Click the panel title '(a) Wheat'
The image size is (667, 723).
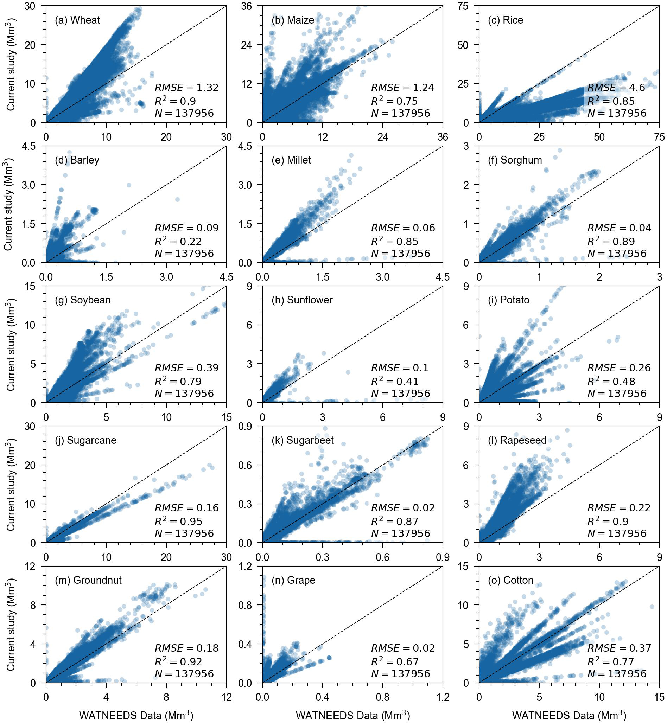pyautogui.click(x=77, y=20)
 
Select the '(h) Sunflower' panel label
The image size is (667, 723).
pyautogui.click(x=302, y=300)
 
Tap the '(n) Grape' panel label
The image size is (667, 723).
pyautogui.click(x=293, y=580)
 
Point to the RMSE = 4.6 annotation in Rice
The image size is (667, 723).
pyautogui.click(x=616, y=88)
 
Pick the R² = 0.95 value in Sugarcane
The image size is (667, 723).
pyautogui.click(x=178, y=521)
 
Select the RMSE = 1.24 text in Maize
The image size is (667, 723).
pyautogui.click(x=402, y=88)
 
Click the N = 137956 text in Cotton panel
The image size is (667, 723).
pyautogui.click(x=617, y=673)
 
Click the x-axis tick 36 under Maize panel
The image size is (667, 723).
pyautogui.click(x=443, y=137)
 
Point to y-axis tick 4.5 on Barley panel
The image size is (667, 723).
pyautogui.click(x=33, y=146)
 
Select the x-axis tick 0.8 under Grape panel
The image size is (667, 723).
pyautogui.click(x=383, y=697)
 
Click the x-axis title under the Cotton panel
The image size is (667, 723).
pyautogui.click(x=569, y=715)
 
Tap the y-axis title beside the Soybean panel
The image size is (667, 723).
pyautogui.click(x=11, y=344)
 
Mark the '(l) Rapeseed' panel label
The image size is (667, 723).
pyautogui.click(x=517, y=440)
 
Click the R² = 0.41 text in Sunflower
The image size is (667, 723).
pyautogui.click(x=395, y=381)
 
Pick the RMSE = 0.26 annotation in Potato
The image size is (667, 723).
pyautogui.click(x=619, y=367)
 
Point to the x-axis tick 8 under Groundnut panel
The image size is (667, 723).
pyautogui.click(x=166, y=697)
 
